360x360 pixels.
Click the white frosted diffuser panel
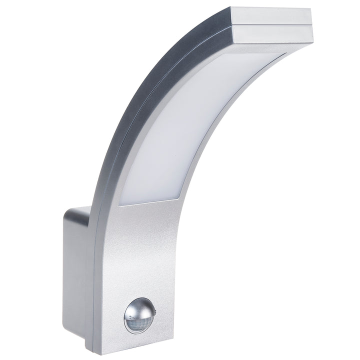pyautogui.click(x=200, y=125)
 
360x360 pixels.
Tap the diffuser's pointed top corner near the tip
pyautogui.click(x=284, y=54)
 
